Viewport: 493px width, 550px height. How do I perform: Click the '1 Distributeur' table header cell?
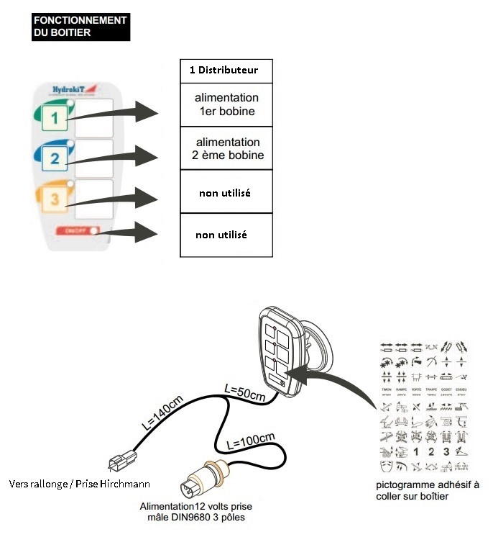225,71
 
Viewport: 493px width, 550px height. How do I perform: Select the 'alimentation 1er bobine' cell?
226,104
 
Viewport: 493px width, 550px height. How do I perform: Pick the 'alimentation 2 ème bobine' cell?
226,149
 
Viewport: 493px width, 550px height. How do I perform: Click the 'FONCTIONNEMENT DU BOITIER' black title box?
80,26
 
